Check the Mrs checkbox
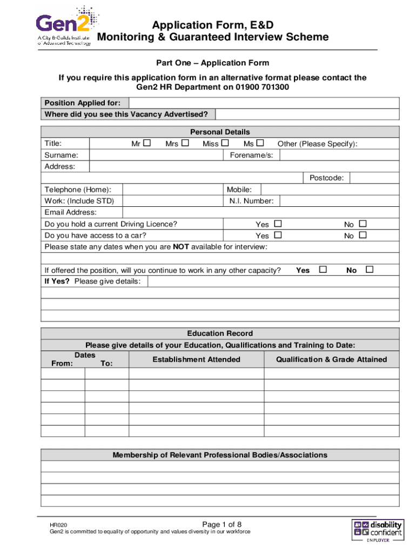pos(185,143)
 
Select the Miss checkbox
pos(225,143)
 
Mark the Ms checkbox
pos(260,143)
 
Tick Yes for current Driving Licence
pos(278,224)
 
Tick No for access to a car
pos(363,235)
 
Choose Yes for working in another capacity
pos(323,269)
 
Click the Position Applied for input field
pos(264,103)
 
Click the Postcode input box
pos(374,178)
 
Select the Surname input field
pos(156,155)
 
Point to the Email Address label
pos(71,212)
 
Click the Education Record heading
pos(220,333)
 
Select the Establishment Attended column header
pos(196,359)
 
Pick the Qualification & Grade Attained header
pos(331,359)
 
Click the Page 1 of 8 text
pos(222,524)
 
